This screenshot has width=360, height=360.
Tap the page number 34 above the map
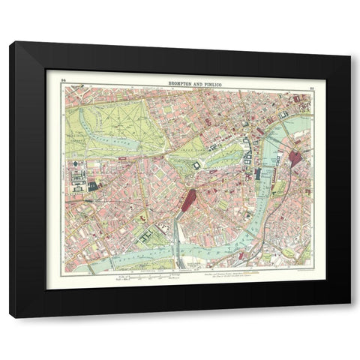[64, 78]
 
